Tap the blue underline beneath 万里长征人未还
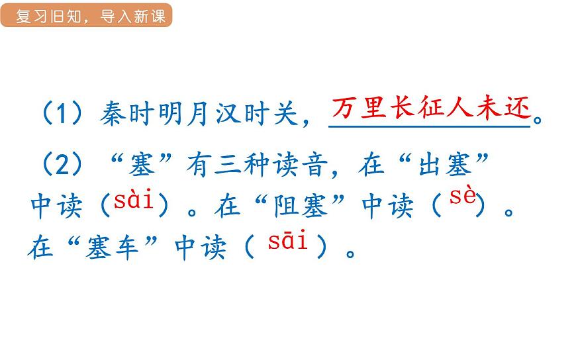click(x=430, y=126)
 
